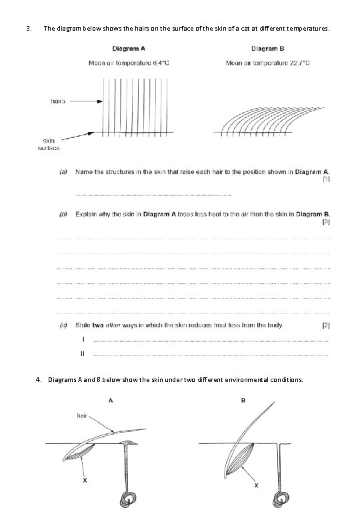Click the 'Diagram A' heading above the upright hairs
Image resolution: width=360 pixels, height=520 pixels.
129,49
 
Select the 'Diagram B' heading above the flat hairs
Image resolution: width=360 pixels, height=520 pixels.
269,49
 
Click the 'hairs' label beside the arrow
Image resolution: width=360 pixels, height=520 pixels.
58,101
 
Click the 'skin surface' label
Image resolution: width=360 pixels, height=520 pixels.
51,145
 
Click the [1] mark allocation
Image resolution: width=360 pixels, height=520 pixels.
325,179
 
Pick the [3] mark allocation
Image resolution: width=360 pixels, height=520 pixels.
325,221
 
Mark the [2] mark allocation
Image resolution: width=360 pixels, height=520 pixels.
325,325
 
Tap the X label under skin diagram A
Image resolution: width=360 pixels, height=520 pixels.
85,479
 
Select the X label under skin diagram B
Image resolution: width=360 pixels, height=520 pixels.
257,486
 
